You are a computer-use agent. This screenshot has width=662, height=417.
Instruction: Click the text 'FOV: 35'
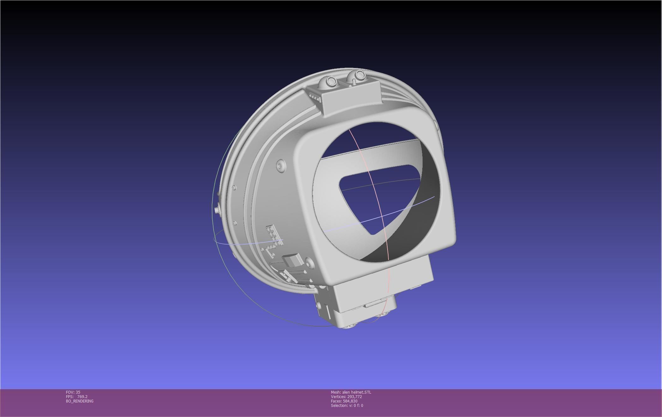click(x=73, y=392)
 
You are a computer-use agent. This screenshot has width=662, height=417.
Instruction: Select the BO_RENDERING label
click(x=80, y=401)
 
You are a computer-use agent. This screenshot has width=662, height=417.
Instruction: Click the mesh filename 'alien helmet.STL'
click(x=357, y=392)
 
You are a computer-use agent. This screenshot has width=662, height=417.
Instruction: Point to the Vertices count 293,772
click(x=354, y=396)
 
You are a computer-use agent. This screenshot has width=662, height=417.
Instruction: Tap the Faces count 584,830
click(x=350, y=401)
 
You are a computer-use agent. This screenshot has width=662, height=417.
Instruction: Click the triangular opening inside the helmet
click(x=376, y=196)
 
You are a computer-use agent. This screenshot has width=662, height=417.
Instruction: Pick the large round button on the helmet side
click(x=280, y=165)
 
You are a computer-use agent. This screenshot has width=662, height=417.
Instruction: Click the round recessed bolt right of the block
click(x=309, y=262)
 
